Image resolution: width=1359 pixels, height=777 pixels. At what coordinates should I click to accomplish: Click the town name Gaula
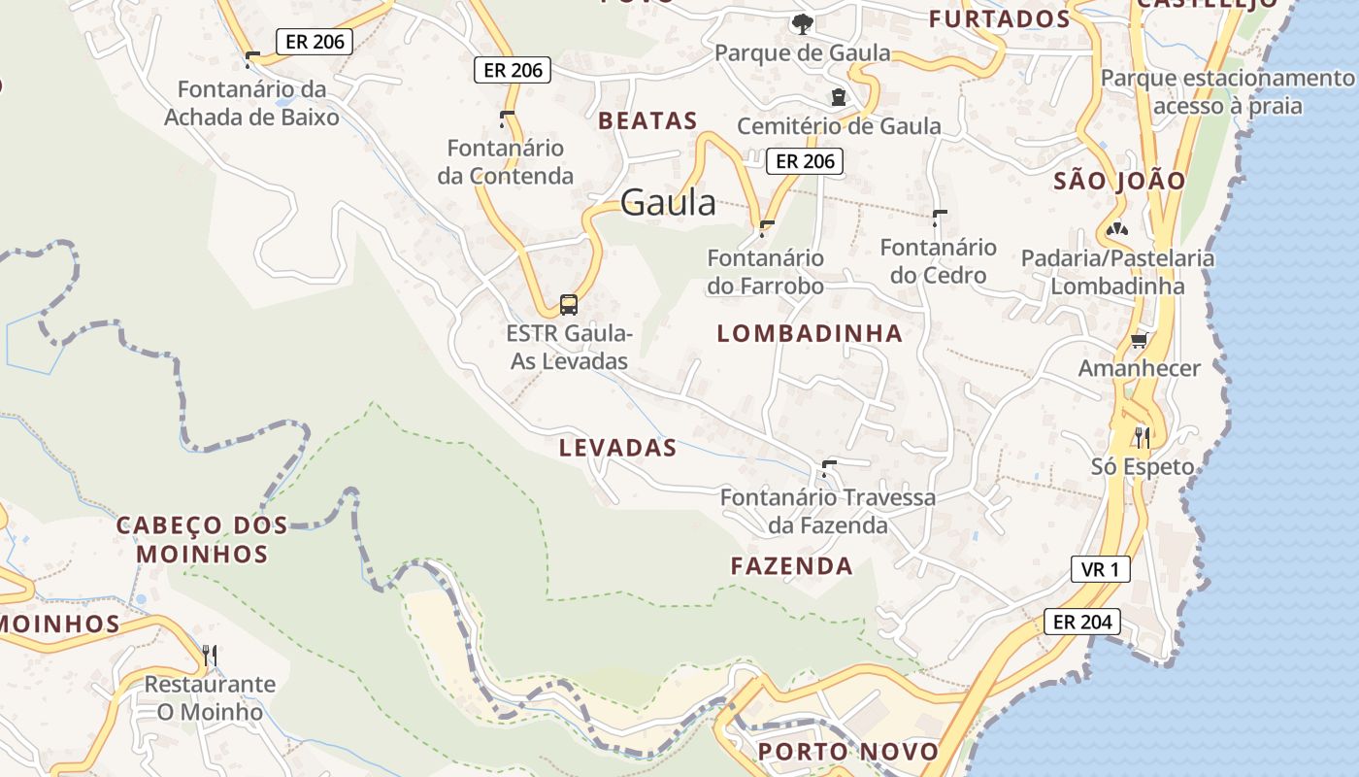pyautogui.click(x=668, y=202)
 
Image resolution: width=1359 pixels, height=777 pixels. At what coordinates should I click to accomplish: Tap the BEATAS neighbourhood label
pyautogui.click(x=647, y=120)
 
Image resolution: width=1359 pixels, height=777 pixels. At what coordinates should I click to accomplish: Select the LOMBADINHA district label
pyautogui.click(x=810, y=333)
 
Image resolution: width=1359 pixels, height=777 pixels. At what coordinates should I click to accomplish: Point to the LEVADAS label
pyautogui.click(x=617, y=448)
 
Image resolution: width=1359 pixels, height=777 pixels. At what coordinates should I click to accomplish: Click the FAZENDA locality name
pyautogui.click(x=791, y=565)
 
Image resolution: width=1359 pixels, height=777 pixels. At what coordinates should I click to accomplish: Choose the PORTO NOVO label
pyautogui.click(x=848, y=751)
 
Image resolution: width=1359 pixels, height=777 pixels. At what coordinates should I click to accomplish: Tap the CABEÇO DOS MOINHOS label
pyautogui.click(x=202, y=539)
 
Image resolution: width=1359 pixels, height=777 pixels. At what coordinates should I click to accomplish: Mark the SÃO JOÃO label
pyautogui.click(x=1119, y=181)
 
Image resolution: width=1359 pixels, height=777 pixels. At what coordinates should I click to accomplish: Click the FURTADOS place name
pyautogui.click(x=999, y=18)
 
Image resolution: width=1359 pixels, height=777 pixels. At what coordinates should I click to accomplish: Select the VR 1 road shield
pyautogui.click(x=1100, y=569)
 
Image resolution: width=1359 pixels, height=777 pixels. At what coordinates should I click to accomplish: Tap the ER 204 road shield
pyautogui.click(x=1081, y=622)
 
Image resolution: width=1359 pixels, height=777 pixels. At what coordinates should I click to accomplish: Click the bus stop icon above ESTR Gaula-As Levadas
pyautogui.click(x=569, y=305)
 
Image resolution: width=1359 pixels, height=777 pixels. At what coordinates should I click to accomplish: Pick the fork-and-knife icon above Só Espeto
pyautogui.click(x=1142, y=437)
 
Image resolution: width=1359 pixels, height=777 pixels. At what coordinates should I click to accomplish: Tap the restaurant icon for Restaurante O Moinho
pyautogui.click(x=210, y=656)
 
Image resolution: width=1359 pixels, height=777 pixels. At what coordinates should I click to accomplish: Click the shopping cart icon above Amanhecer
pyautogui.click(x=1139, y=340)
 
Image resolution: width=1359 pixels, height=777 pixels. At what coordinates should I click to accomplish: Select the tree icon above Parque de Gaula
pyautogui.click(x=802, y=24)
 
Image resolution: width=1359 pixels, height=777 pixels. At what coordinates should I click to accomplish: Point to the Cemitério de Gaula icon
pyautogui.click(x=838, y=97)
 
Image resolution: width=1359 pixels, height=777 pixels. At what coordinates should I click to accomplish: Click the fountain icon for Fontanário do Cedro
pyautogui.click(x=939, y=218)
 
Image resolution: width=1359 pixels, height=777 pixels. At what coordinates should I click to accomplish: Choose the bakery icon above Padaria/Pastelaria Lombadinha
pyautogui.click(x=1117, y=230)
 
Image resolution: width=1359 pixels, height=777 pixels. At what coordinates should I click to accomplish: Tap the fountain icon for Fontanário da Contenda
pyautogui.click(x=505, y=119)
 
